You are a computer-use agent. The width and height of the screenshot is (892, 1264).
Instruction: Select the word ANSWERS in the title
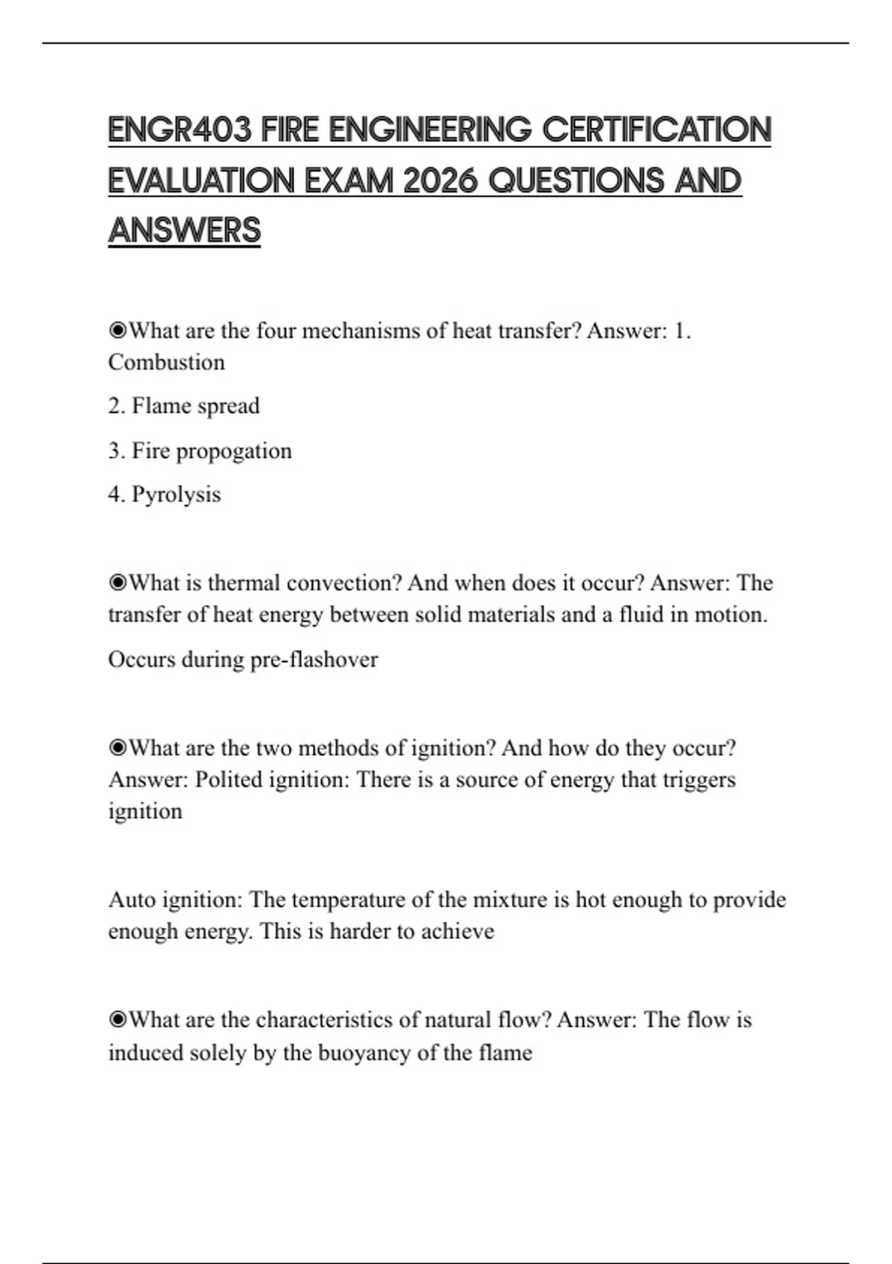pos(184,230)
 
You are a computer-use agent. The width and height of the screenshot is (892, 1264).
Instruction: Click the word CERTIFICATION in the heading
pos(656,130)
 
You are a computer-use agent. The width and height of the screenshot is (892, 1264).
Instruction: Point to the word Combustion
pos(167,363)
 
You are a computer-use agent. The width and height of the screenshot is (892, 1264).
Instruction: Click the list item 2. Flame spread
pos(184,406)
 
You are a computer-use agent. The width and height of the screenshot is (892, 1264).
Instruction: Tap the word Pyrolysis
pos(176,494)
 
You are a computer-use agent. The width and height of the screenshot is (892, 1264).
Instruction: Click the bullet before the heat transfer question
pos(117,330)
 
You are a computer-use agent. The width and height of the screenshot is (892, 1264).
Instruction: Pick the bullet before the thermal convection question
pos(117,583)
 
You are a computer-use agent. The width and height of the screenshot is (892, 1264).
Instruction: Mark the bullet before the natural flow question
pos(117,1019)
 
